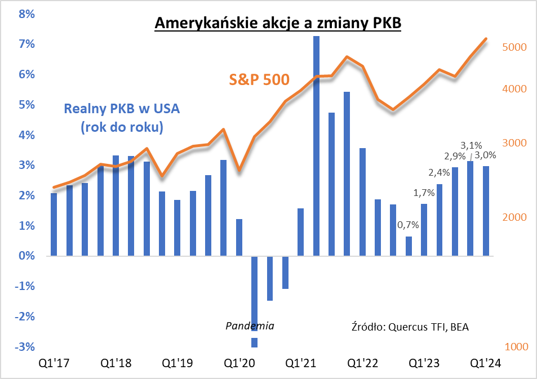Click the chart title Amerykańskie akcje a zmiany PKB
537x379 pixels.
[277, 24]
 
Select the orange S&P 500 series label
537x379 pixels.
[259, 79]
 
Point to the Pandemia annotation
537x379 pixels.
[250, 326]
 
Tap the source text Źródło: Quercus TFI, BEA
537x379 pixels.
[410, 327]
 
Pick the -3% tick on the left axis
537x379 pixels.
[25, 347]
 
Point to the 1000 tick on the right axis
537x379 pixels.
[514, 347]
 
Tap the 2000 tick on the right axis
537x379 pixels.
[514, 218]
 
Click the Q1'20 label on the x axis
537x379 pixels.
[239, 363]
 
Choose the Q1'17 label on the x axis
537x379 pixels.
[54, 363]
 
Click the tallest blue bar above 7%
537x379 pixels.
[316, 146]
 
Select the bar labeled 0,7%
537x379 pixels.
[409, 246]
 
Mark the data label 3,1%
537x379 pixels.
[472, 145]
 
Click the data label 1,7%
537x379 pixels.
[423, 193]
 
